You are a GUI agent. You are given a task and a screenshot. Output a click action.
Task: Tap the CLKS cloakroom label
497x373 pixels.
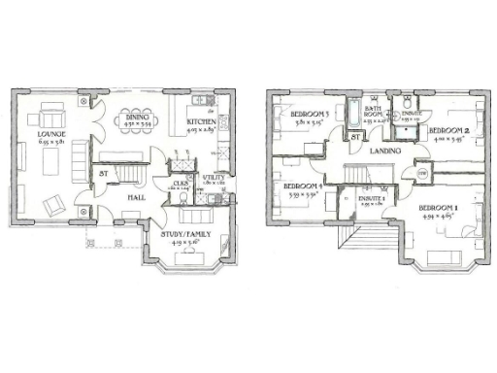click(181, 182)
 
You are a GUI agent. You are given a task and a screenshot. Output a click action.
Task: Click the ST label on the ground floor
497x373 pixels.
click(102, 175)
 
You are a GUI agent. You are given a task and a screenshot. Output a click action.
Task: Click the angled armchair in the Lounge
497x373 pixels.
click(54, 203)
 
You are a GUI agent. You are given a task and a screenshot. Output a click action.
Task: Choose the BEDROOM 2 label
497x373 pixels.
click(449, 130)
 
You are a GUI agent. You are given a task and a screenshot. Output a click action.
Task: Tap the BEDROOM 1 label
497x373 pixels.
click(437, 208)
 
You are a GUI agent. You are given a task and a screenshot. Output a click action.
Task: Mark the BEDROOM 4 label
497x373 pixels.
click(302, 186)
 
